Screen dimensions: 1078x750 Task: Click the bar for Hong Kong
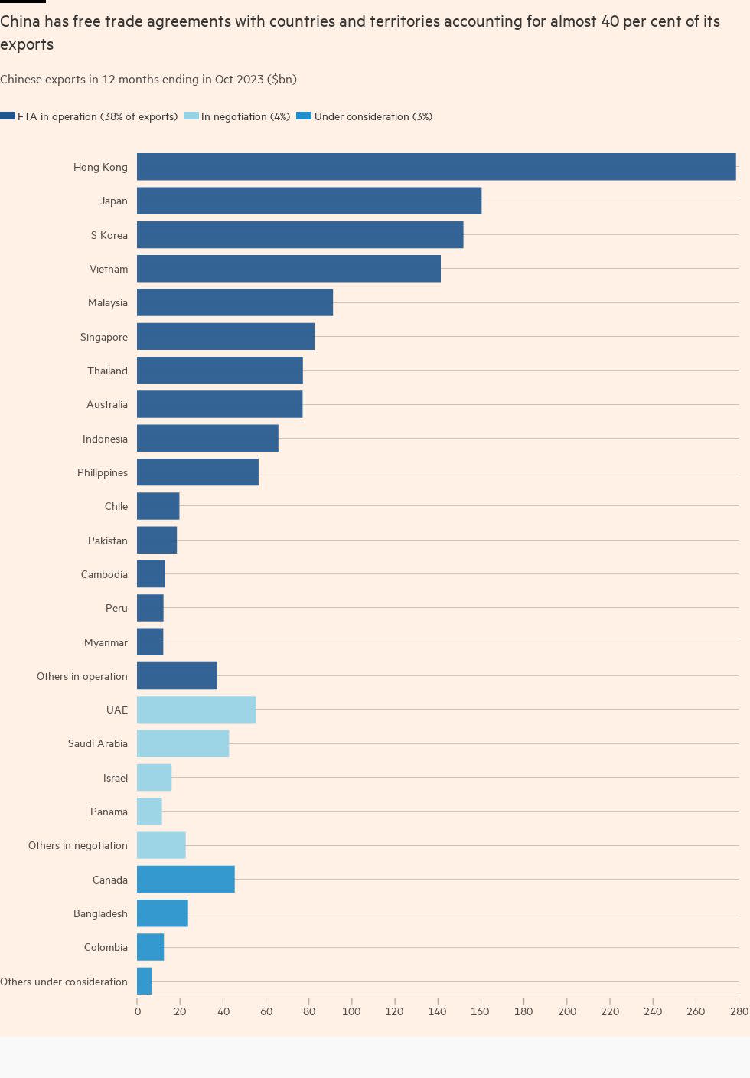pos(436,167)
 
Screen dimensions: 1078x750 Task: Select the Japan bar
pos(309,201)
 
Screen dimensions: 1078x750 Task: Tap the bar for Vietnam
pos(289,269)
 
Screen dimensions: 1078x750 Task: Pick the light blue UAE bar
pos(196,710)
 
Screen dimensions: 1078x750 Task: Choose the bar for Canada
pos(185,880)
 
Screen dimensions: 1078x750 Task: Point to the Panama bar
pos(149,812)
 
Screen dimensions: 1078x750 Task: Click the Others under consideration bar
pos(144,982)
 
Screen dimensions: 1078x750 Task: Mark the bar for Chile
pos(158,506)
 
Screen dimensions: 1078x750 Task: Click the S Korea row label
pos(109,235)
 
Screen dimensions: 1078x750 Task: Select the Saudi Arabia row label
pos(97,743)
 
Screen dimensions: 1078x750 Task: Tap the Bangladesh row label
pos(100,913)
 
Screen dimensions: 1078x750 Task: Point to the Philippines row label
pos(102,472)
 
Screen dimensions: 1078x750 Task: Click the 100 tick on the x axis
pos(351,1012)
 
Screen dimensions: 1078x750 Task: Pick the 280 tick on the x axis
pos(739,1012)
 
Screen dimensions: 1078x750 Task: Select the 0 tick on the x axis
pos(138,1012)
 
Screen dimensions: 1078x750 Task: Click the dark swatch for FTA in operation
pos(8,116)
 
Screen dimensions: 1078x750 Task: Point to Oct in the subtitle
pos(224,80)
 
